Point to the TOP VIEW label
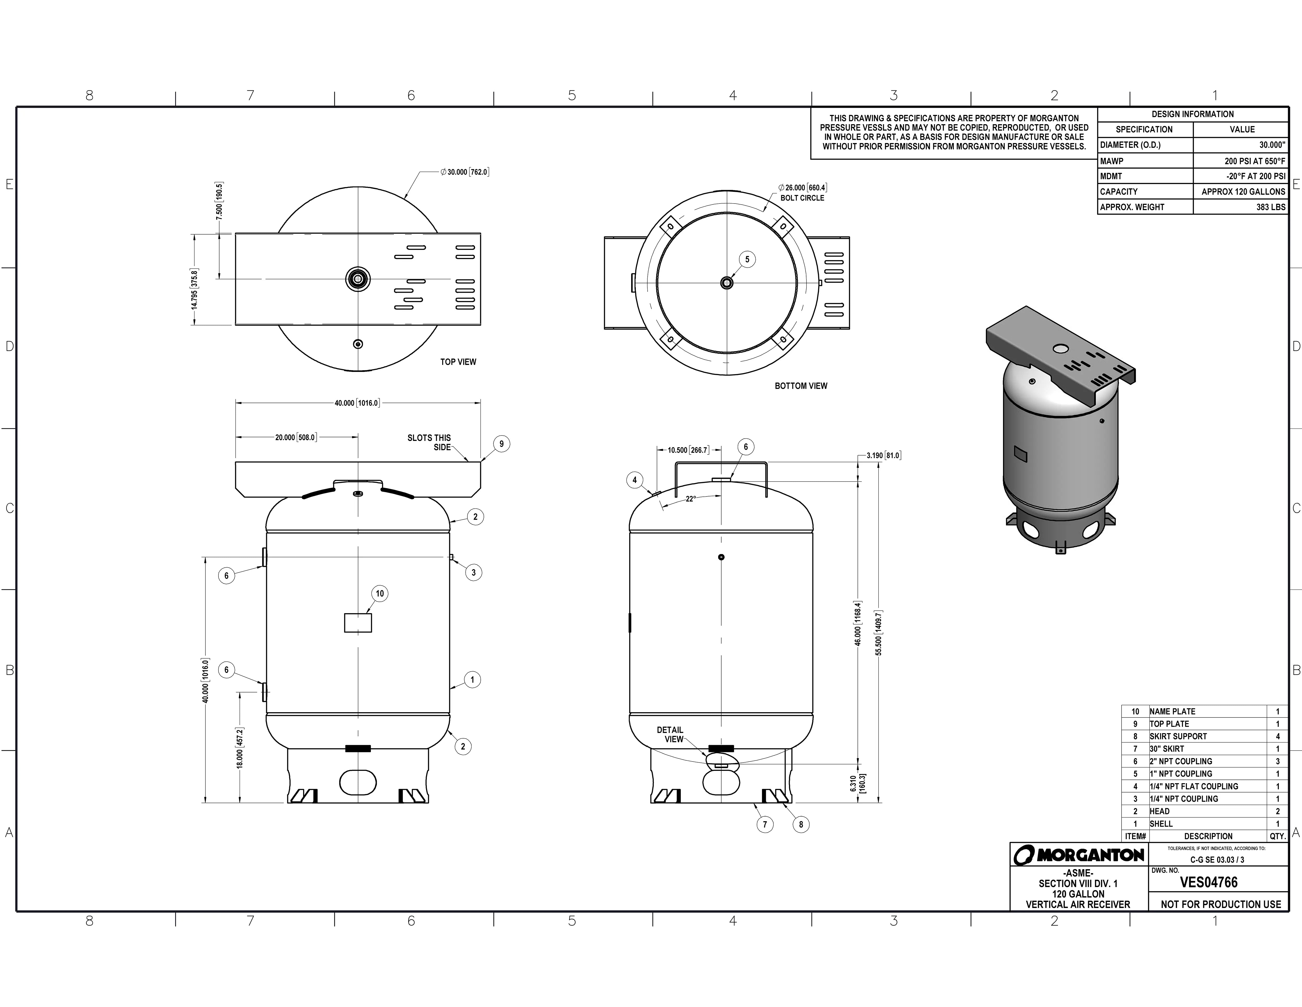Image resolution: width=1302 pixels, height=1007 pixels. tap(458, 362)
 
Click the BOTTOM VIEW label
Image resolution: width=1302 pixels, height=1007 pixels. tap(801, 386)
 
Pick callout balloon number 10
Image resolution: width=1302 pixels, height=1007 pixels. tap(380, 594)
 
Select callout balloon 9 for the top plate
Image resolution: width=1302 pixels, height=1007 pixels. tap(501, 444)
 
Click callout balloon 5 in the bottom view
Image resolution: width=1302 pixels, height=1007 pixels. tap(747, 260)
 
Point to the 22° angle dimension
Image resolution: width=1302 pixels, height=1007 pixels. tap(690, 499)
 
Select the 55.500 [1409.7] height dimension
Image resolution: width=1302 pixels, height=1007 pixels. tap(879, 632)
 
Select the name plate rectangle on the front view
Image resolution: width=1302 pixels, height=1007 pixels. tap(358, 623)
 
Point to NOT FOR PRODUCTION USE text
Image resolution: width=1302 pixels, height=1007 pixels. tap(1220, 904)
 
